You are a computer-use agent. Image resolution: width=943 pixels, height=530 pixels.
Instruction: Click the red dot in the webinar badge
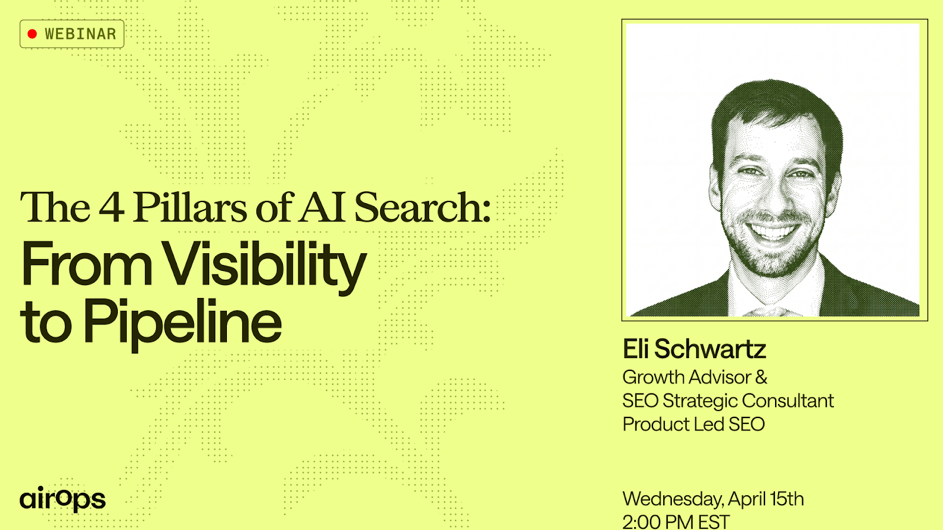coord(32,34)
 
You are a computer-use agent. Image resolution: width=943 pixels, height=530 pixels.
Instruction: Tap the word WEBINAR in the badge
coord(80,34)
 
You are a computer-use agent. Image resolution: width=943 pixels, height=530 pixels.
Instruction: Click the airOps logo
coord(62,499)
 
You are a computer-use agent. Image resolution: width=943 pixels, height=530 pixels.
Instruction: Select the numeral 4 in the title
coord(111,207)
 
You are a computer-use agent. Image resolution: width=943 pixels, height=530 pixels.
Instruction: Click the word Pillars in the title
coord(190,207)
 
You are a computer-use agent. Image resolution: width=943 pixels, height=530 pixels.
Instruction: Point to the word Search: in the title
coord(422,207)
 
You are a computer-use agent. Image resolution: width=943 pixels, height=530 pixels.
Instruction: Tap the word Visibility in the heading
coord(265,266)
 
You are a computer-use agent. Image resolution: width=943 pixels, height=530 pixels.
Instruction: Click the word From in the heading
coord(86,264)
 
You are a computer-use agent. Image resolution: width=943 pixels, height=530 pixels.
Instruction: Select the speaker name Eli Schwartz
coord(694,349)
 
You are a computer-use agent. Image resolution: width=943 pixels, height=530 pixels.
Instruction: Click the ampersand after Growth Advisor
coord(761,377)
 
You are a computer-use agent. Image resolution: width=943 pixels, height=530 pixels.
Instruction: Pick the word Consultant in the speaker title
coord(787,400)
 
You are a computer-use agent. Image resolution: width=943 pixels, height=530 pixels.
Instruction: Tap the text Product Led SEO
coord(693,424)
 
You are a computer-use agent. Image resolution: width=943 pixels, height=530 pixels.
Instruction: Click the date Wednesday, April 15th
coord(713,499)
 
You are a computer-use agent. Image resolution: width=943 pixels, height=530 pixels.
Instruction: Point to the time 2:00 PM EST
coord(676,522)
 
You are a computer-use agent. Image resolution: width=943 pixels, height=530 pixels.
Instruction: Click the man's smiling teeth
coord(772,231)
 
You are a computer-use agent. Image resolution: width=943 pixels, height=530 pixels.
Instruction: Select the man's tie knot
coord(771,312)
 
